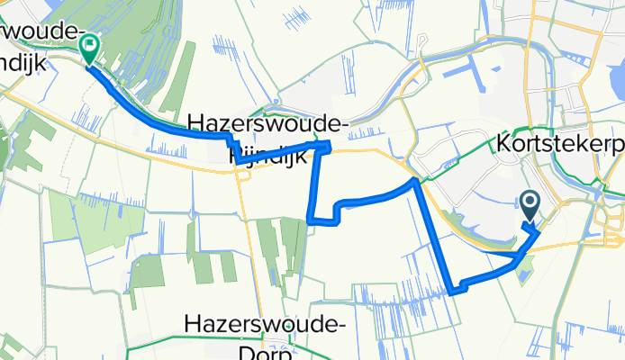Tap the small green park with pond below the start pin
[x=525, y=265]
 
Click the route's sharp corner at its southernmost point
[x=452, y=291]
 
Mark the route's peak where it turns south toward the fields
[x=414, y=181]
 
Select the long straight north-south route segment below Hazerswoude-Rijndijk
[x=314, y=184]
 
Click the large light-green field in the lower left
[x=86, y=220]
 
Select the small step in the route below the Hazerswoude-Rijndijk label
[x=233, y=144]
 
